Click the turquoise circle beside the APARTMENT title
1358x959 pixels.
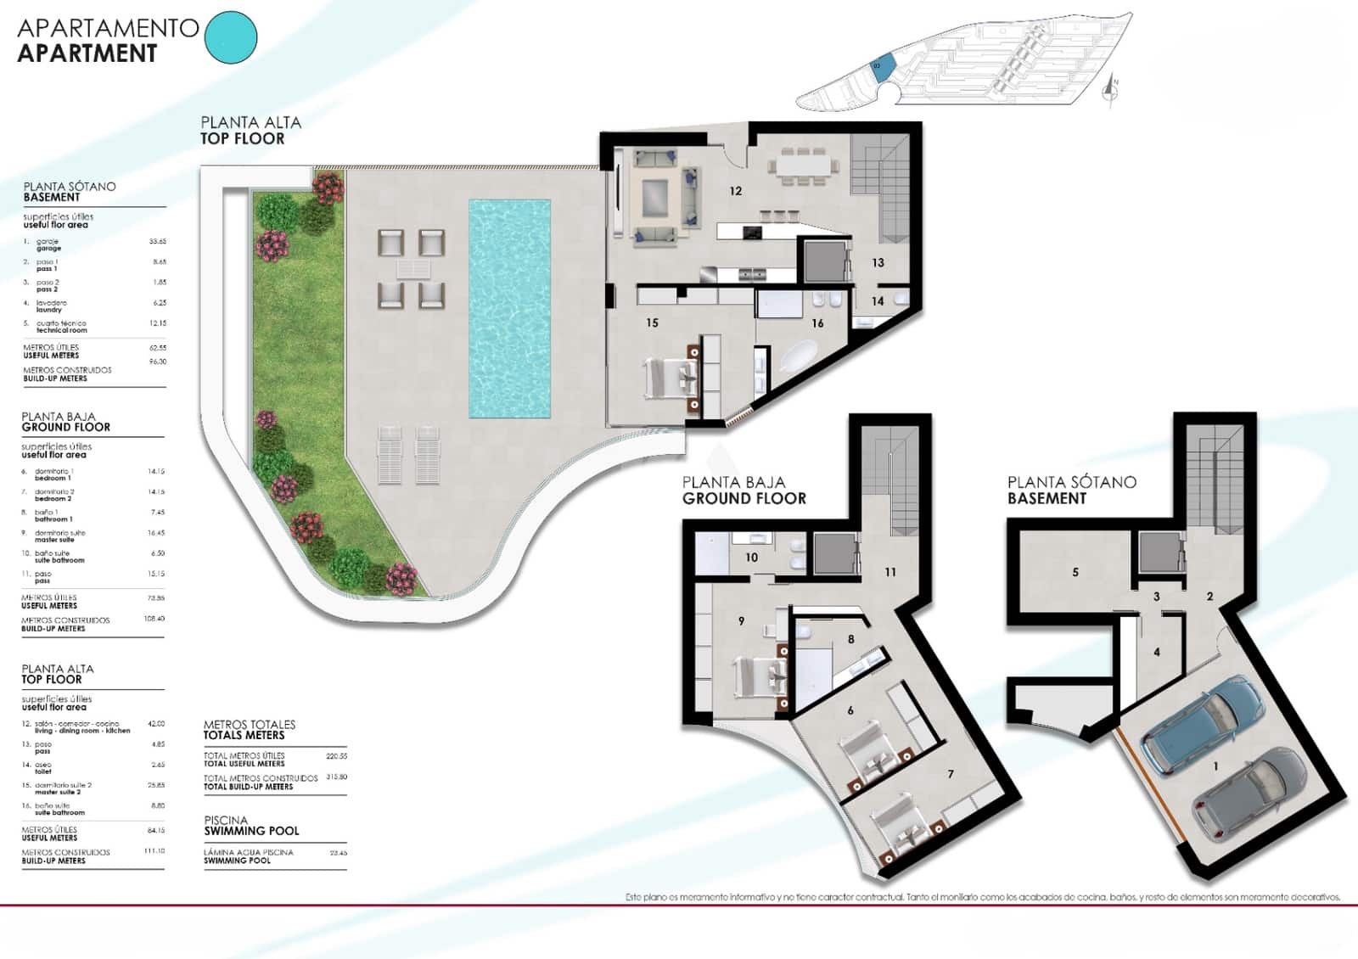point(232,37)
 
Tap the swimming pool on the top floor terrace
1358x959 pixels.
point(509,307)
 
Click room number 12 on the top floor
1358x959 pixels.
point(735,191)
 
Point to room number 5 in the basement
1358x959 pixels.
point(1075,572)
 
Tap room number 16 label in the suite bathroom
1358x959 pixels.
point(817,323)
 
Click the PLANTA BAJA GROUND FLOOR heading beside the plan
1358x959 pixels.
point(744,491)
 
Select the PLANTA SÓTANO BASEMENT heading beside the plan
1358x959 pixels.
point(1071,491)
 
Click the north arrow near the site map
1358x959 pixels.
point(1109,87)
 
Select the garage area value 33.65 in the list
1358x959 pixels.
point(157,242)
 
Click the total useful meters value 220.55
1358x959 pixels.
point(336,755)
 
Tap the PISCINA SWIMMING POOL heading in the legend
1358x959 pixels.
point(251,826)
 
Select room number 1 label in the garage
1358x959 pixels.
point(1215,766)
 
